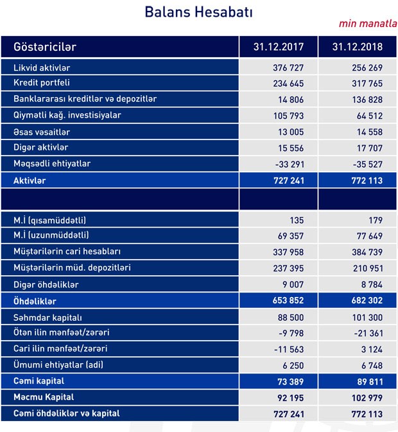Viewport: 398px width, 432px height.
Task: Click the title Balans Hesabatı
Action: click(x=198, y=12)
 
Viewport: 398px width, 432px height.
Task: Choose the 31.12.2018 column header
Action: click(x=358, y=47)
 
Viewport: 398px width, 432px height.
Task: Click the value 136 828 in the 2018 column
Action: click(x=364, y=100)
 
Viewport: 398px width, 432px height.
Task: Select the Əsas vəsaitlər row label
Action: click(x=46, y=132)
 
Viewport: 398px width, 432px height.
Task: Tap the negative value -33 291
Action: click(x=284, y=164)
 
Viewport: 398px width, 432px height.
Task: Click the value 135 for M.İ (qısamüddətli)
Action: click(x=297, y=219)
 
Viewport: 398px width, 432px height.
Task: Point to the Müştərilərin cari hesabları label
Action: click(x=76, y=251)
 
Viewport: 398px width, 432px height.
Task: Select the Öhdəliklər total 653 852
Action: click(x=284, y=300)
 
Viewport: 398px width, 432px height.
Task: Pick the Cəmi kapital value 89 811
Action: click(x=367, y=381)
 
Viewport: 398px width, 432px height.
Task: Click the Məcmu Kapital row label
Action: click(x=44, y=397)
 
